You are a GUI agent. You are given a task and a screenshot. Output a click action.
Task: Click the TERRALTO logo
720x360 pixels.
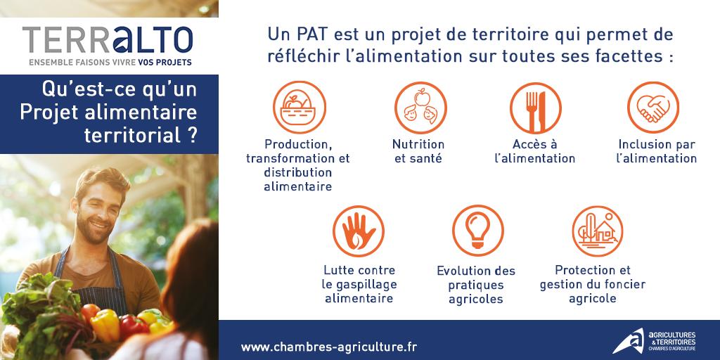pyautogui.click(x=107, y=40)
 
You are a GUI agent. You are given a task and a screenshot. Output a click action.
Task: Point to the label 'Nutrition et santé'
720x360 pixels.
pyautogui.click(x=418, y=151)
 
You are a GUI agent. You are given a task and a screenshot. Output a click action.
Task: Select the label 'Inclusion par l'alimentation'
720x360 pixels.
pyautogui.click(x=655, y=151)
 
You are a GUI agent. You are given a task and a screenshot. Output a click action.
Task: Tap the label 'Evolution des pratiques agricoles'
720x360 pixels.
pyautogui.click(x=475, y=285)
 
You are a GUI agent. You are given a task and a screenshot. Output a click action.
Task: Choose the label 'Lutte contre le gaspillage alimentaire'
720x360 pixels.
pyautogui.click(x=359, y=284)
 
